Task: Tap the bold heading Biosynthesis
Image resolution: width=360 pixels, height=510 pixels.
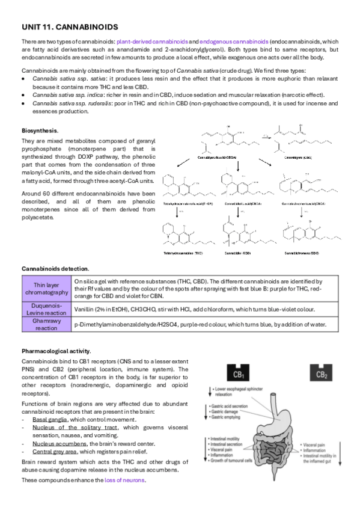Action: pyautogui.click(x=40, y=130)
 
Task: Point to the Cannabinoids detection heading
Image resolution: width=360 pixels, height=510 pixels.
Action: pyautogui.click(x=55, y=268)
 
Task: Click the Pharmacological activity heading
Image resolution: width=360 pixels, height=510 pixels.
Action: pyautogui.click(x=56, y=351)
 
